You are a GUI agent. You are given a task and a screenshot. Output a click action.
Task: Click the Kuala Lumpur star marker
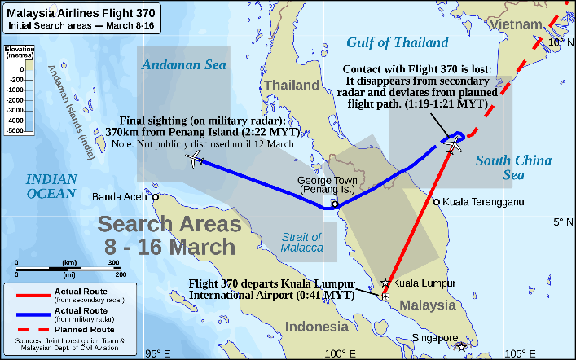(x=385, y=283)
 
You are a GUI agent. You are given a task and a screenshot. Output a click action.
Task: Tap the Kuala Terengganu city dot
(x=437, y=202)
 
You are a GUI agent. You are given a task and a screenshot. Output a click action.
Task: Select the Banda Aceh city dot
(x=155, y=195)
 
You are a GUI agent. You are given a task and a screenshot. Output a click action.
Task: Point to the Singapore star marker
(x=462, y=346)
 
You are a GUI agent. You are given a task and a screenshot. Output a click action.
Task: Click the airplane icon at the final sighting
(x=196, y=159)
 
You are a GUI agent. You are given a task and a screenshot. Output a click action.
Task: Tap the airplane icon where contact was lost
(x=455, y=145)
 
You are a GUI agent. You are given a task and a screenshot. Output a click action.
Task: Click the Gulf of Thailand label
(x=398, y=42)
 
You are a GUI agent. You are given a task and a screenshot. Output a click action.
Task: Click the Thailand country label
(x=291, y=85)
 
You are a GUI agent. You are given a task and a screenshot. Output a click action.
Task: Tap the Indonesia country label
(x=310, y=327)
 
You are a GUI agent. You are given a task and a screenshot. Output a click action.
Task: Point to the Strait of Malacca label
(x=301, y=242)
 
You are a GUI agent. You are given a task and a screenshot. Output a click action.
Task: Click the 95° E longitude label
(x=157, y=353)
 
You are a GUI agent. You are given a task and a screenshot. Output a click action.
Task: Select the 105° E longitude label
(x=519, y=353)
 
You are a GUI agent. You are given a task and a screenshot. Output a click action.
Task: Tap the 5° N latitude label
(x=563, y=221)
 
